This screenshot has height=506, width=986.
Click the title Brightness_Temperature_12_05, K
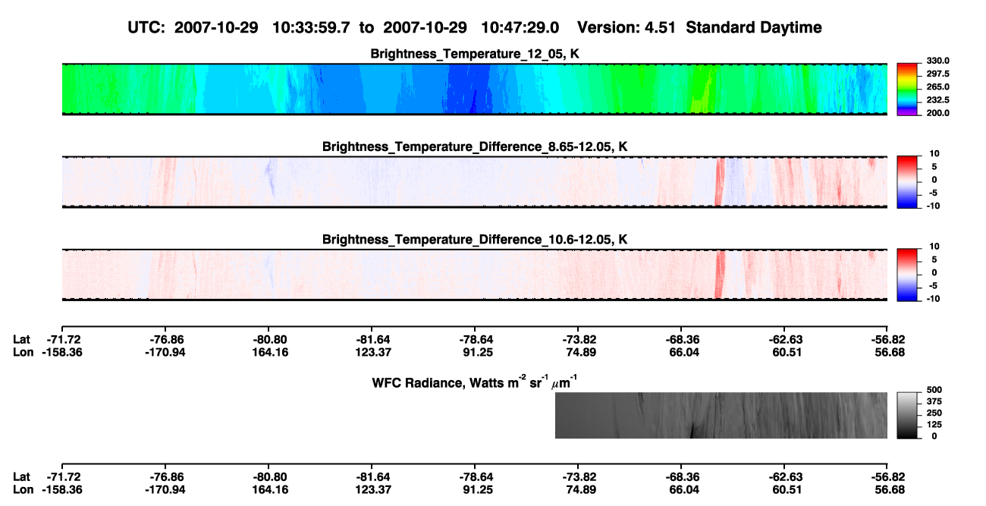475,54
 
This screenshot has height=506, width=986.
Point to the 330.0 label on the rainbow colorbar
937,61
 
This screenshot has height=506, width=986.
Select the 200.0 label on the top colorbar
937,113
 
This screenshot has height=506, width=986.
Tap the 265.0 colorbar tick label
937,86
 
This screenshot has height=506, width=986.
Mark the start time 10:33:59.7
311,27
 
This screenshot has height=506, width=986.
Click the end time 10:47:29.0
520,27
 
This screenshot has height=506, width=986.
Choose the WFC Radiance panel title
475,382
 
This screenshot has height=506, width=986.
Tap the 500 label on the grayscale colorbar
934,390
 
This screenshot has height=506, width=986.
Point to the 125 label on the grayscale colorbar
934,425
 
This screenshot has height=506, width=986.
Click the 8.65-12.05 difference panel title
475,146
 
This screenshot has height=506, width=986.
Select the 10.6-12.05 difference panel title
475,240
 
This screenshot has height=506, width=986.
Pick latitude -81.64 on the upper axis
373,340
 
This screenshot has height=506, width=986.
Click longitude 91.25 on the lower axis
478,490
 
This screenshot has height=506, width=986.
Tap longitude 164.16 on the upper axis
270,352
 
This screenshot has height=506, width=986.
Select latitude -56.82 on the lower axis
888,477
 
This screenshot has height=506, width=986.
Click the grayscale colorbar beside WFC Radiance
907,415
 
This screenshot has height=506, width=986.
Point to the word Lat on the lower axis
21,477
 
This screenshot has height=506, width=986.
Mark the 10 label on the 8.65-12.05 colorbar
934,154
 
